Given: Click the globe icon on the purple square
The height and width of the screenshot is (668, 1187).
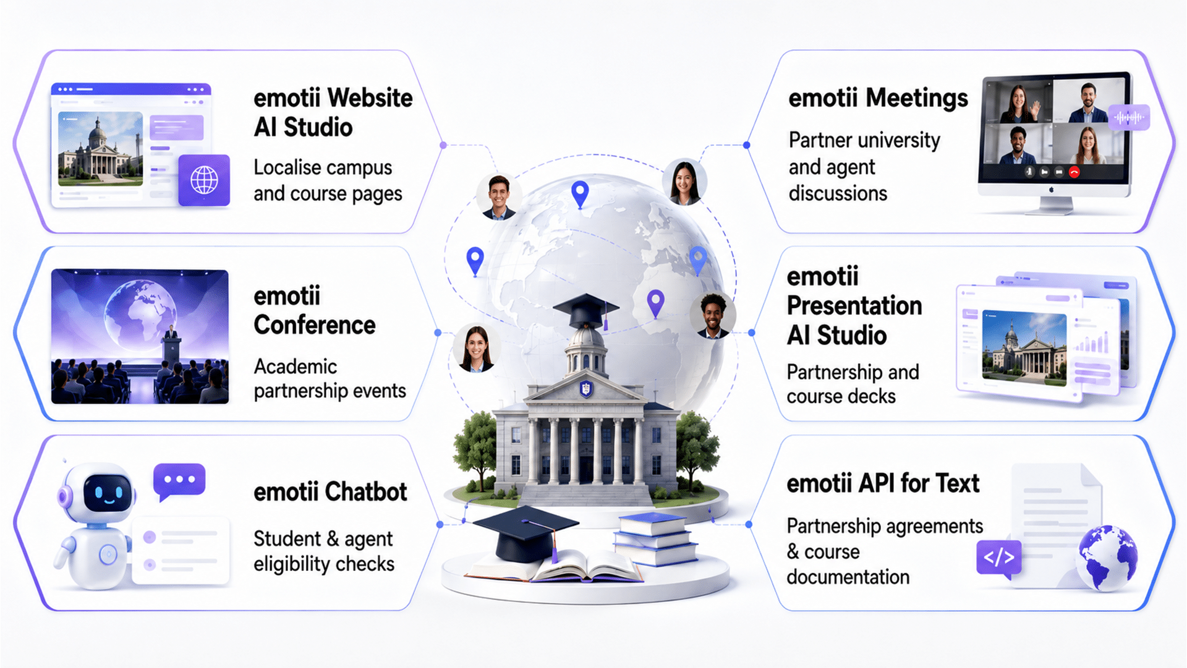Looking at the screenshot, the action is click(x=204, y=181).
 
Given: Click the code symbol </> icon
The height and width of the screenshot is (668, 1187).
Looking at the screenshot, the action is click(x=999, y=557).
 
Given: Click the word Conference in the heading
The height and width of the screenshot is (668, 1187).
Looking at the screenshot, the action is click(x=314, y=325).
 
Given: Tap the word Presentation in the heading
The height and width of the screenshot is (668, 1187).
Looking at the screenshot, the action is click(x=854, y=306).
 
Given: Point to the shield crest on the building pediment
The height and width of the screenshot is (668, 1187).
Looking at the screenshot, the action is click(x=585, y=389).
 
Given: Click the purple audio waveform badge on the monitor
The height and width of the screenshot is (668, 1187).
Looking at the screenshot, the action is click(x=1129, y=117).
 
